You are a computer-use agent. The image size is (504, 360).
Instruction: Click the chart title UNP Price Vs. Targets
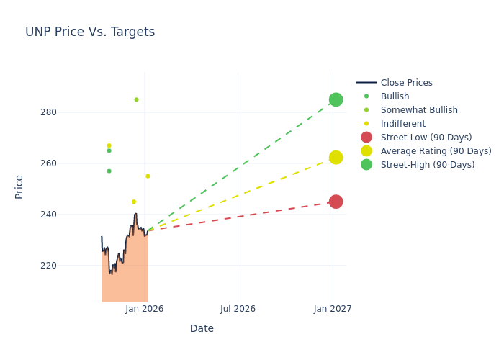(90, 32)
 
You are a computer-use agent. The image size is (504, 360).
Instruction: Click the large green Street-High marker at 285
(336, 99)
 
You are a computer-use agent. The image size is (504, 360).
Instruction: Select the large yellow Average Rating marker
(336, 157)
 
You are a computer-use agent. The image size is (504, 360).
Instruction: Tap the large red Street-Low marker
(336, 202)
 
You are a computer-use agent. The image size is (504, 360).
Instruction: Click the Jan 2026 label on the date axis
(144, 309)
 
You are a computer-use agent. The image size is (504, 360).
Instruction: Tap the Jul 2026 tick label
(238, 309)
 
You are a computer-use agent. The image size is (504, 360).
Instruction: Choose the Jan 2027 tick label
(333, 309)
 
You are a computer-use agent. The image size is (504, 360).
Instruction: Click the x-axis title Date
(202, 328)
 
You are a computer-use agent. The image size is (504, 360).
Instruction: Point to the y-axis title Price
(19, 186)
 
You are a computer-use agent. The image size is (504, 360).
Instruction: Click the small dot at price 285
(136, 99)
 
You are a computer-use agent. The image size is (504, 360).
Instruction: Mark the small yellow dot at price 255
(148, 176)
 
